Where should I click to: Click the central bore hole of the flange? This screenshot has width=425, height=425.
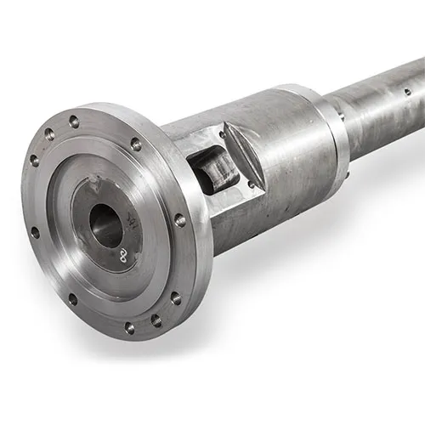click(105, 226)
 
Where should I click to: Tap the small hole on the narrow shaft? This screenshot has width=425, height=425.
click(406, 92)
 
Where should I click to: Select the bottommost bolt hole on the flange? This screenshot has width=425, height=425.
click(129, 326)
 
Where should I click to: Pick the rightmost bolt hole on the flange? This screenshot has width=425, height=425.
click(180, 220)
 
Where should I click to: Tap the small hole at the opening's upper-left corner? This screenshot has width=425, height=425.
click(223, 134)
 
